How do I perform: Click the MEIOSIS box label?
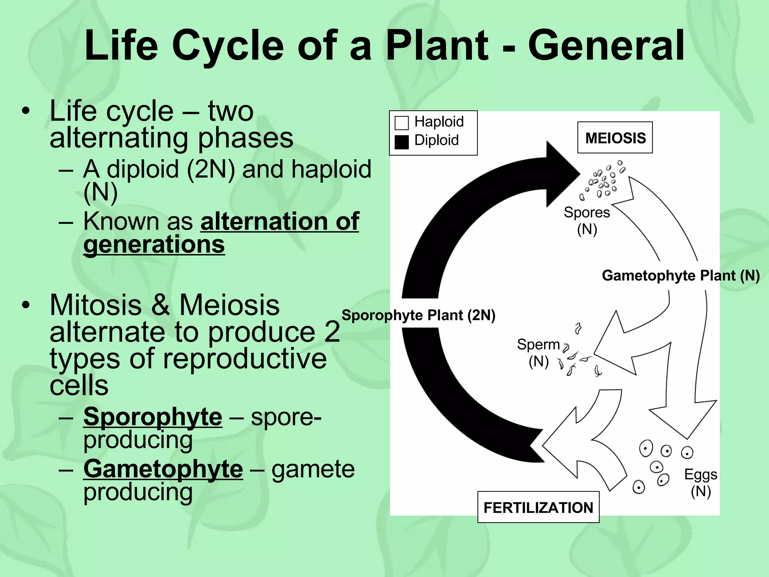pyautogui.click(x=615, y=138)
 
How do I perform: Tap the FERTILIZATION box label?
pyautogui.click(x=538, y=508)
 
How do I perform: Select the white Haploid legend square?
pyautogui.click(x=401, y=123)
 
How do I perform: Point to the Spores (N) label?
pyautogui.click(x=587, y=221)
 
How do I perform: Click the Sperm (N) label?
pyautogui.click(x=538, y=352)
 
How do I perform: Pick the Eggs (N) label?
pyautogui.click(x=701, y=482)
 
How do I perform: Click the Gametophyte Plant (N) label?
pyautogui.click(x=680, y=276)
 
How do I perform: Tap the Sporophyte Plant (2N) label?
pyautogui.click(x=418, y=315)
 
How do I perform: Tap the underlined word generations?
pyautogui.click(x=154, y=245)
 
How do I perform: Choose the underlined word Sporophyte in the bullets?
pyautogui.click(x=152, y=417)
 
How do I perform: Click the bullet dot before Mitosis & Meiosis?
pyautogui.click(x=25, y=305)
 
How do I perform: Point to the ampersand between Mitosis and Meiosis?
pyautogui.click(x=160, y=305)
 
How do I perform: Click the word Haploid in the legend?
pyautogui.click(x=439, y=122)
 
